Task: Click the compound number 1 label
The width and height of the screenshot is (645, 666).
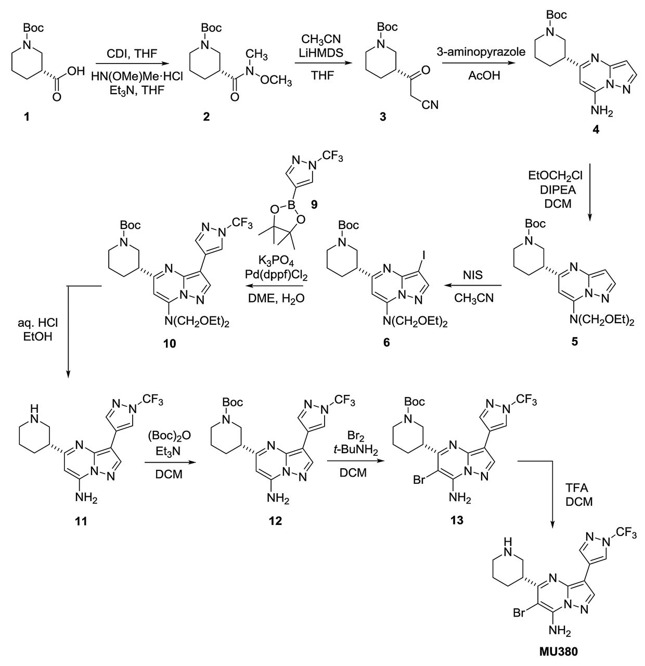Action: (28, 118)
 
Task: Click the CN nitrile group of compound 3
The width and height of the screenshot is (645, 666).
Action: (430, 105)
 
